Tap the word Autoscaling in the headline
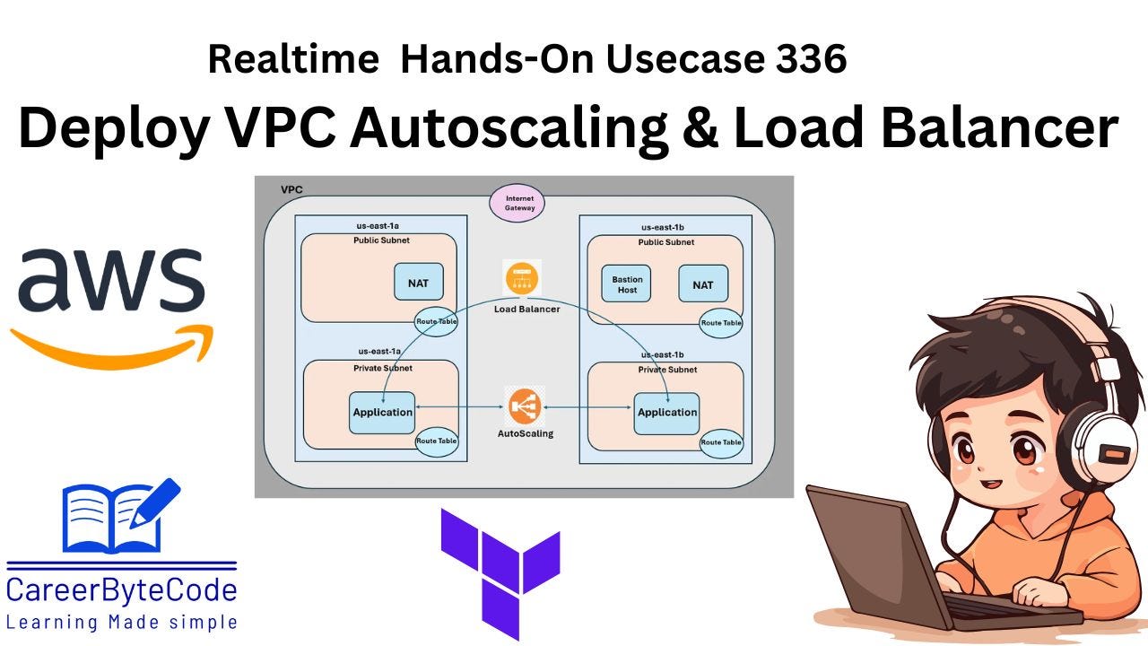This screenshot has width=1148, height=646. pos(509,128)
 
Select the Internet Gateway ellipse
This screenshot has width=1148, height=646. pos(519,203)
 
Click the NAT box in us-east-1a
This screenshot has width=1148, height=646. pos(418,282)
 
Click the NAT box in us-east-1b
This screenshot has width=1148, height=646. pos(703,284)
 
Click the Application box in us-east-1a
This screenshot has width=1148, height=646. pos(382,413)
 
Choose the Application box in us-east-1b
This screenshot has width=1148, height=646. pos(666,413)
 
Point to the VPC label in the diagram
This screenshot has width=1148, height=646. pos(291,190)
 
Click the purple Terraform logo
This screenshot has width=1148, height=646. pos(500,570)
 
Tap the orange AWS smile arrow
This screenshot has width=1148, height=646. pos(112,346)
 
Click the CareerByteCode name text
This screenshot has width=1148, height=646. pos(122,589)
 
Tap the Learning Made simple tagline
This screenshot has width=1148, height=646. pos(122,621)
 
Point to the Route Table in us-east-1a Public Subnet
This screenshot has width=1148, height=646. pos(436,320)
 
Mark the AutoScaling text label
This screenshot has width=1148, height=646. pos(526,433)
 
